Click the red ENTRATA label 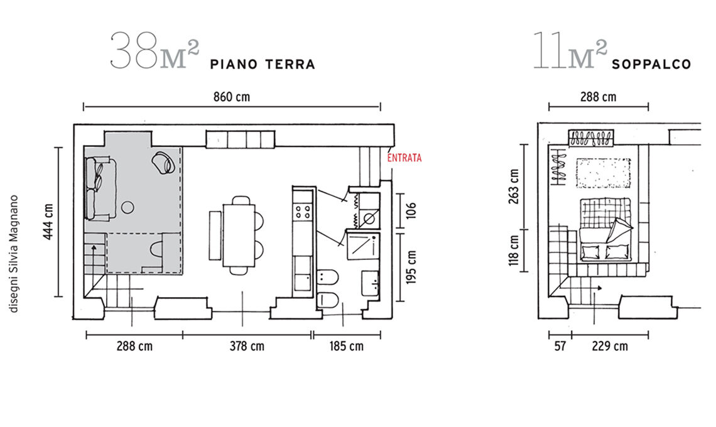pos(404,158)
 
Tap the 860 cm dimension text pos(232,97)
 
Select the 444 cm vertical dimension pos(48,222)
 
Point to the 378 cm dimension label pos(247,346)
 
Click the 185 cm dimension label pos(347,346)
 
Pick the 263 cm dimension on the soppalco pos(514,186)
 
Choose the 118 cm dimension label pos(514,251)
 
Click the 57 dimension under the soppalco pos(560,346)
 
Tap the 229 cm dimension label pos(610,346)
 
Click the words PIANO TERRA pos(263,65)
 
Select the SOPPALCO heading pos(651,65)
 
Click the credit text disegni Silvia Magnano pos(14,254)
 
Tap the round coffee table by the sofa pos(127,208)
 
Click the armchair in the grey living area pos(163,162)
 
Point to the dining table pos(239,235)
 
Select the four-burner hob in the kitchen pos(303,212)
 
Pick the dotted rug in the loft pos(603,173)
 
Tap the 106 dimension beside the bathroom pos(411,210)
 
